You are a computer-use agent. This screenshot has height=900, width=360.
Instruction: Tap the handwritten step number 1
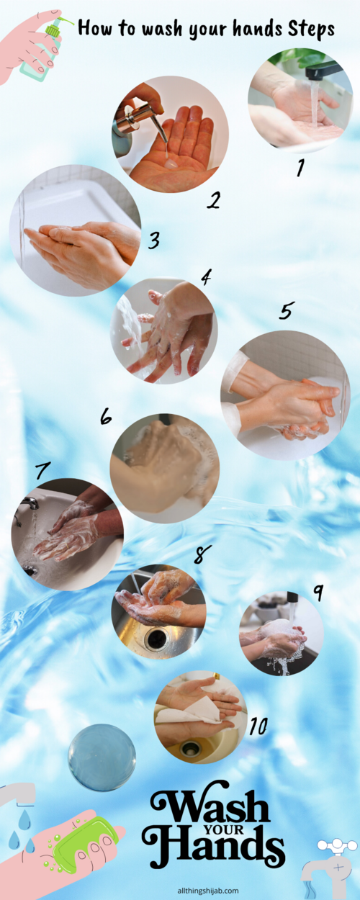300,168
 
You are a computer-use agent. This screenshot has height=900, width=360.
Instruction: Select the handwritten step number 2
213,199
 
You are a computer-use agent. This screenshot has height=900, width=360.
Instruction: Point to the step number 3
154,240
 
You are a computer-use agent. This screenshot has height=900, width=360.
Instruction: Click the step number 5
286,310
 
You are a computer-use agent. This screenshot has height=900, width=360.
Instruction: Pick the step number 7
42,469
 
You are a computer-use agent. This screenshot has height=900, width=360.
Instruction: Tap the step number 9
318,592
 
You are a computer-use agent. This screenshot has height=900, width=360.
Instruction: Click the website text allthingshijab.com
208,891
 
